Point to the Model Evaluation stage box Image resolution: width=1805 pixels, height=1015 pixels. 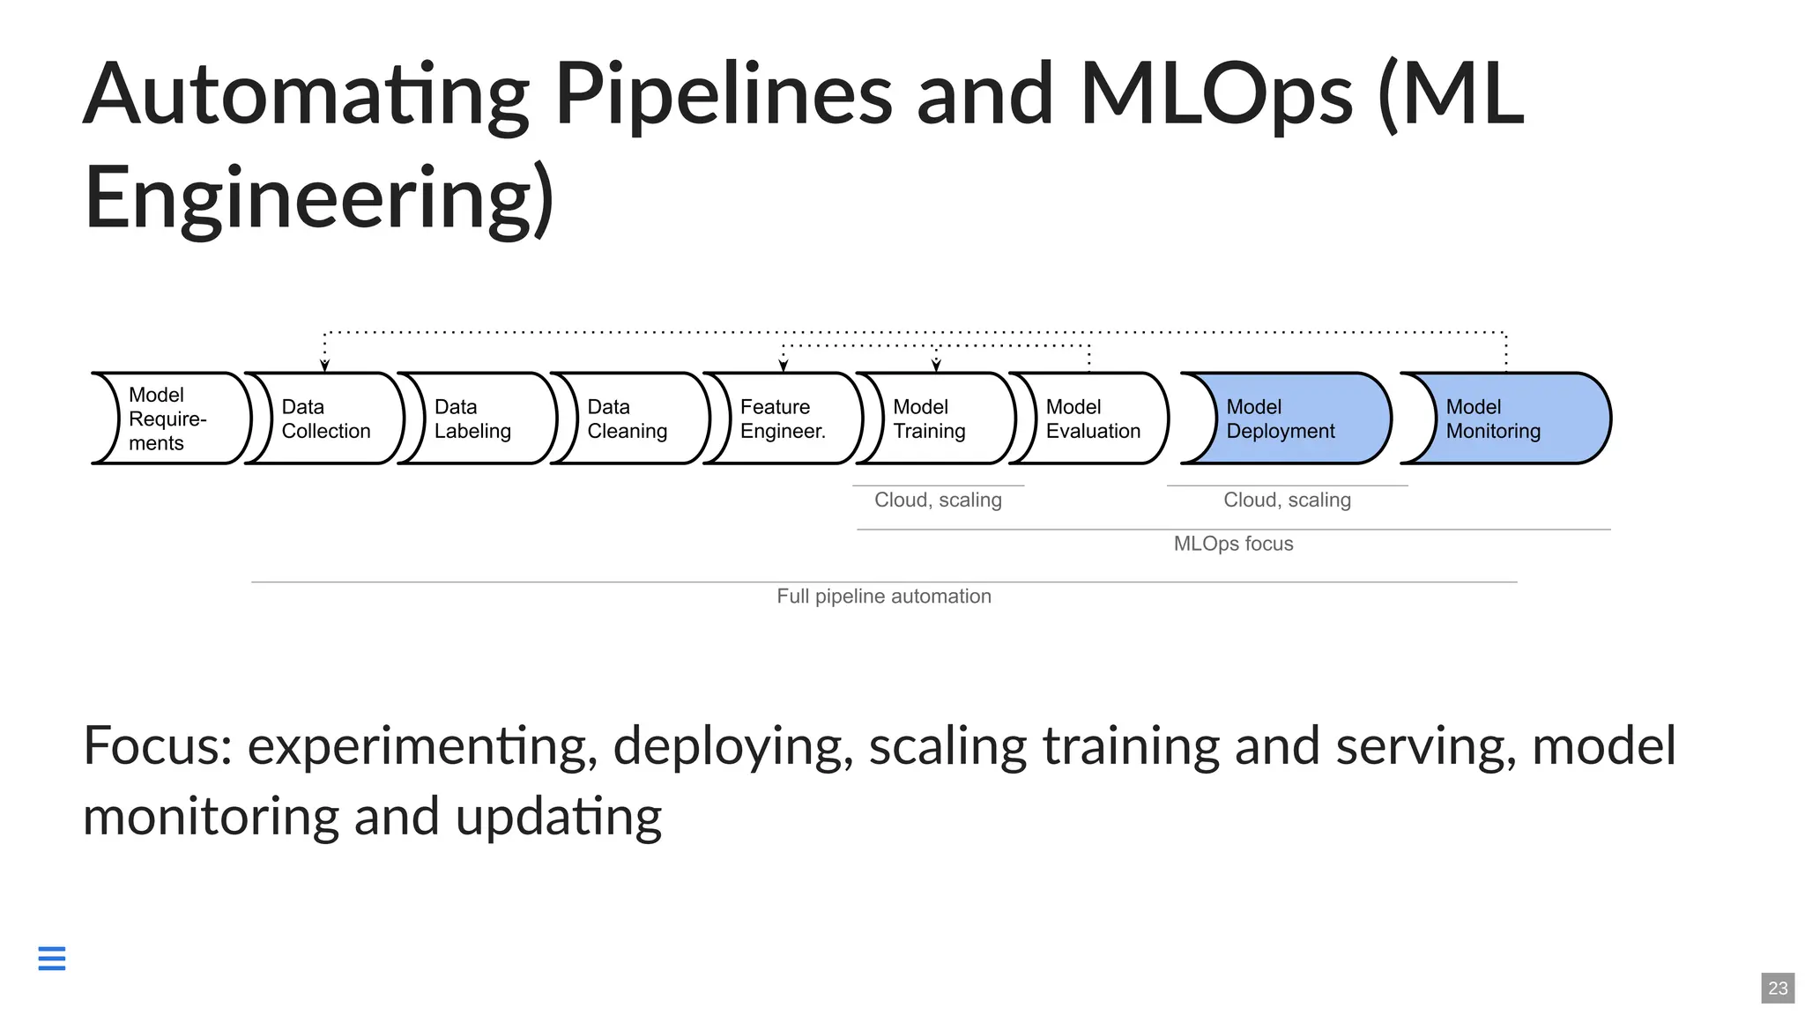pos(1091,419)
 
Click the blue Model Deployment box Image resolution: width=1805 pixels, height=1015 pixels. pos(1287,419)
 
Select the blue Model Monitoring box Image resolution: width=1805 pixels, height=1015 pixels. pos(1507,419)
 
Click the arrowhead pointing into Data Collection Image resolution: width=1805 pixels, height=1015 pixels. pos(324,365)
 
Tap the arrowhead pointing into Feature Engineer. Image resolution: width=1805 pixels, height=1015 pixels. pos(783,365)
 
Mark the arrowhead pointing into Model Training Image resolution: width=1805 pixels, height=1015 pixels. pos(936,365)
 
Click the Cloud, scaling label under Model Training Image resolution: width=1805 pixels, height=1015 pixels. pos(938,500)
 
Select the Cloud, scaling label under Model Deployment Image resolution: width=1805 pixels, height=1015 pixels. pos(1287,500)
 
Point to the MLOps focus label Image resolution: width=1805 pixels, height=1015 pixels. pos(1233,544)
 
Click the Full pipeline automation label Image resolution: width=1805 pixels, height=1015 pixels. pos(883,596)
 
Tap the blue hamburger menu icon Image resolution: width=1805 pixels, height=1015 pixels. pos(52,958)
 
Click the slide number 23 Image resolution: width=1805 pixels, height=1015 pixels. pos(1778,988)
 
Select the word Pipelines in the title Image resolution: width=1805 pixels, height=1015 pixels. pos(723,95)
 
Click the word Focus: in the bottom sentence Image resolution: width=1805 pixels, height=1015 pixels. pos(157,746)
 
